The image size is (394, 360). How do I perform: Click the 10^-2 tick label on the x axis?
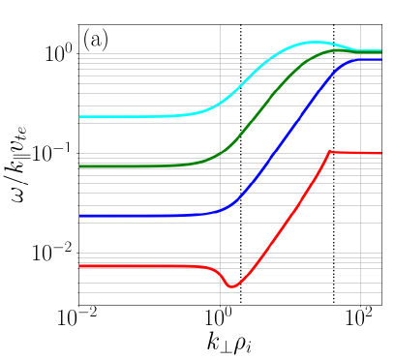(x=77, y=318)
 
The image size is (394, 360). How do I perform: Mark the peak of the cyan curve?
(x=315, y=42)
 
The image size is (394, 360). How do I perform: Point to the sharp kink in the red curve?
(x=331, y=151)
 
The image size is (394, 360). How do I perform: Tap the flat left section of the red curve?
(x=126, y=265)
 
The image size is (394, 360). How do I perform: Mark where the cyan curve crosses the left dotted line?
(x=240, y=85)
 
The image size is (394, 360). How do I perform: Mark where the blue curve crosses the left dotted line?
(x=240, y=197)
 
